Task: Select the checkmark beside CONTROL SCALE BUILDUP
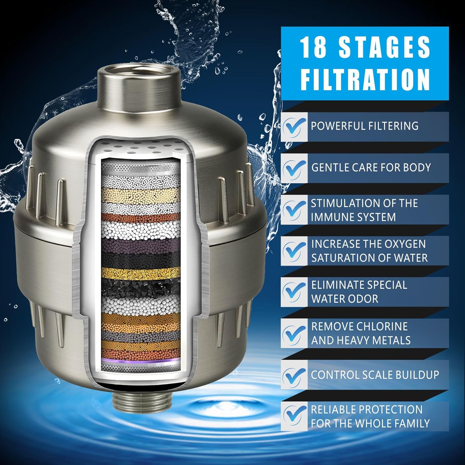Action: pos(294,375)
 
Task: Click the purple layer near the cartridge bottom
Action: pos(141,360)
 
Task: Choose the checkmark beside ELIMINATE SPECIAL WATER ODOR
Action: pos(294,292)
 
